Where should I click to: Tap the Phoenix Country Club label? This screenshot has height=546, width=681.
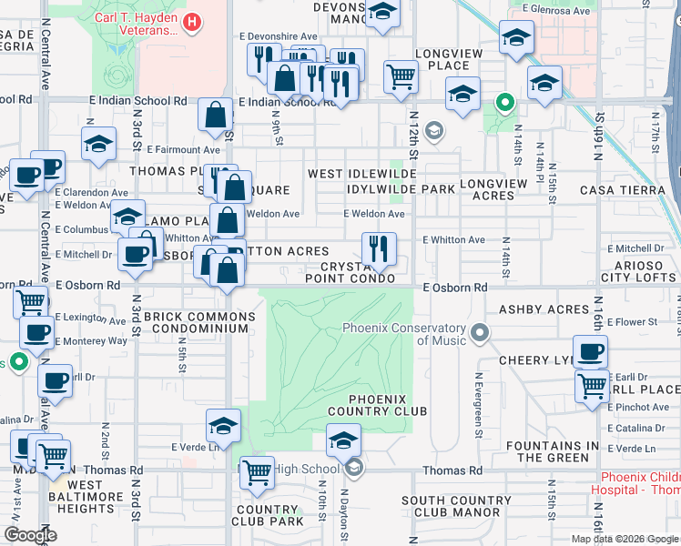(x=388, y=405)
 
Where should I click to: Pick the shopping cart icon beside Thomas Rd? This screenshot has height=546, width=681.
(x=258, y=471)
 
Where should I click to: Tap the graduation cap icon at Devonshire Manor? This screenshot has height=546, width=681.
(x=383, y=13)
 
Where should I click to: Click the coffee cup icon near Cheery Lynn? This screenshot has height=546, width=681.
(x=590, y=350)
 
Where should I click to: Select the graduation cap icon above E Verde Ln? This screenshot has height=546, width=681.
(x=223, y=425)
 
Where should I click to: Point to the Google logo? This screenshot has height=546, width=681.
(x=30, y=535)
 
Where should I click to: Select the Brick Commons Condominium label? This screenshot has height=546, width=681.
(x=198, y=322)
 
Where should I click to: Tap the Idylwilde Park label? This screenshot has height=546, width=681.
(x=400, y=189)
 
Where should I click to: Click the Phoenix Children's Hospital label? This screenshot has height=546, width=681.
(x=641, y=483)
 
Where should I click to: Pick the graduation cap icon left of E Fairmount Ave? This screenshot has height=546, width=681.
(x=98, y=143)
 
